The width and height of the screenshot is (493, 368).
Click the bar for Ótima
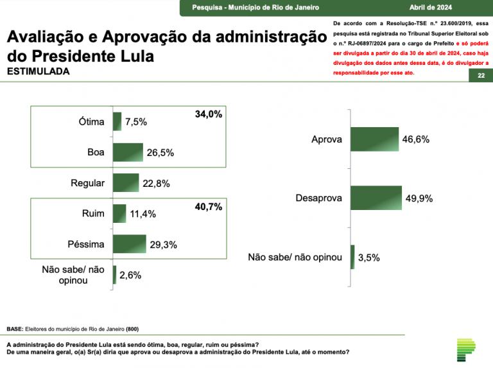tap(117, 121)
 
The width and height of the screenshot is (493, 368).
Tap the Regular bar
tap(126, 183)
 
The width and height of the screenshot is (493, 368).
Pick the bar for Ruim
tap(119, 213)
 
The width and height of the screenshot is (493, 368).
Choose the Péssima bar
tap(129, 244)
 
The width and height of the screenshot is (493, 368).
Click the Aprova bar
tap(375, 139)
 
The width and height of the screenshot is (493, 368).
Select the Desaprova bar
tap(376, 198)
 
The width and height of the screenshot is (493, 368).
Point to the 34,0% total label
tap(208, 114)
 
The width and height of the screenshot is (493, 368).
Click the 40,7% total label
tap(208, 207)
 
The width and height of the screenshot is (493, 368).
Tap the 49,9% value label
tap(419, 198)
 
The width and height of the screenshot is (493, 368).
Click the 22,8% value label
tap(156, 184)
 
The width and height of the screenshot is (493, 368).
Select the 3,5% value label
tap(368, 258)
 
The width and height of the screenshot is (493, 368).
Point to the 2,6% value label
tap(130, 276)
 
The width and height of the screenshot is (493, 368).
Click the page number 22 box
tap(481, 76)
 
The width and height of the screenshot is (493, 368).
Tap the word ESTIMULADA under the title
tap(38, 71)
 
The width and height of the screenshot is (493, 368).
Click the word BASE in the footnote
tap(15, 329)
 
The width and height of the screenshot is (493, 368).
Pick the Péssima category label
tap(86, 244)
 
